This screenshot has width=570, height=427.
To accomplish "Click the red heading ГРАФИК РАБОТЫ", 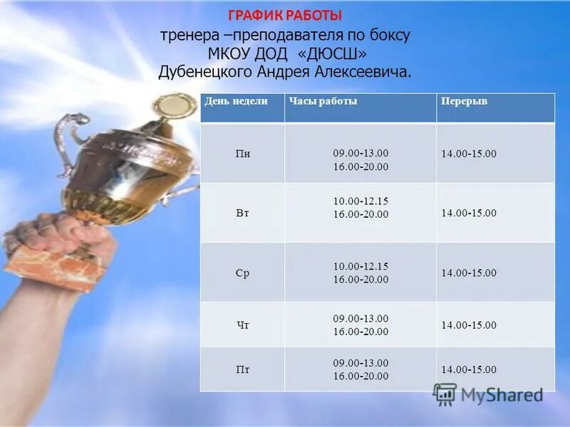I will [x=285, y=15].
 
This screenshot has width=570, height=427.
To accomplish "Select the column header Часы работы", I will [x=323, y=102].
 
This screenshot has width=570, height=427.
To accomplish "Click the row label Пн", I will [x=242, y=153].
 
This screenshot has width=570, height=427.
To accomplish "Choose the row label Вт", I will [x=242, y=213].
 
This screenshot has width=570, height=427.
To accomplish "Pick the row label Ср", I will [x=242, y=273].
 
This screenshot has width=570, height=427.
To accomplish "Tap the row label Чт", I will [x=242, y=325].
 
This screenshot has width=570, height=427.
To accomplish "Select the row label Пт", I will [x=242, y=369].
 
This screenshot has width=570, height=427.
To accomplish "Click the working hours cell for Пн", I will [x=361, y=159].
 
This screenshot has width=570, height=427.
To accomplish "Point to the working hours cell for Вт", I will [x=361, y=207].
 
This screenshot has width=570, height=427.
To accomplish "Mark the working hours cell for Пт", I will [x=361, y=369].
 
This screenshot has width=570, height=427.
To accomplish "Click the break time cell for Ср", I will [x=469, y=273].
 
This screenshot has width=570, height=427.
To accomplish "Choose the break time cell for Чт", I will [x=469, y=325].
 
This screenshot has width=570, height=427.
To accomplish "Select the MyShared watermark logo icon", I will [x=445, y=394].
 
